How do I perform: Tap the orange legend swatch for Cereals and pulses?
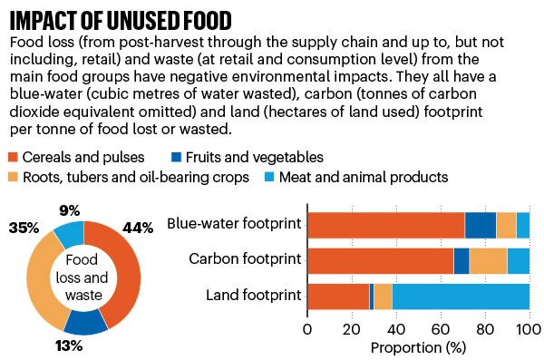click(x=13, y=157)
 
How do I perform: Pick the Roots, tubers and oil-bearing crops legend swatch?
click(x=13, y=177)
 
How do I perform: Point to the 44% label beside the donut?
click(x=139, y=227)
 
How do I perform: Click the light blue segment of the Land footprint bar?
click(x=461, y=297)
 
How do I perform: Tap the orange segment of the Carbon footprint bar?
click(x=381, y=261)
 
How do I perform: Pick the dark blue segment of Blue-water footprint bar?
click(x=481, y=225)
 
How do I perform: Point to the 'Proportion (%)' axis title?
click(x=418, y=346)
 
